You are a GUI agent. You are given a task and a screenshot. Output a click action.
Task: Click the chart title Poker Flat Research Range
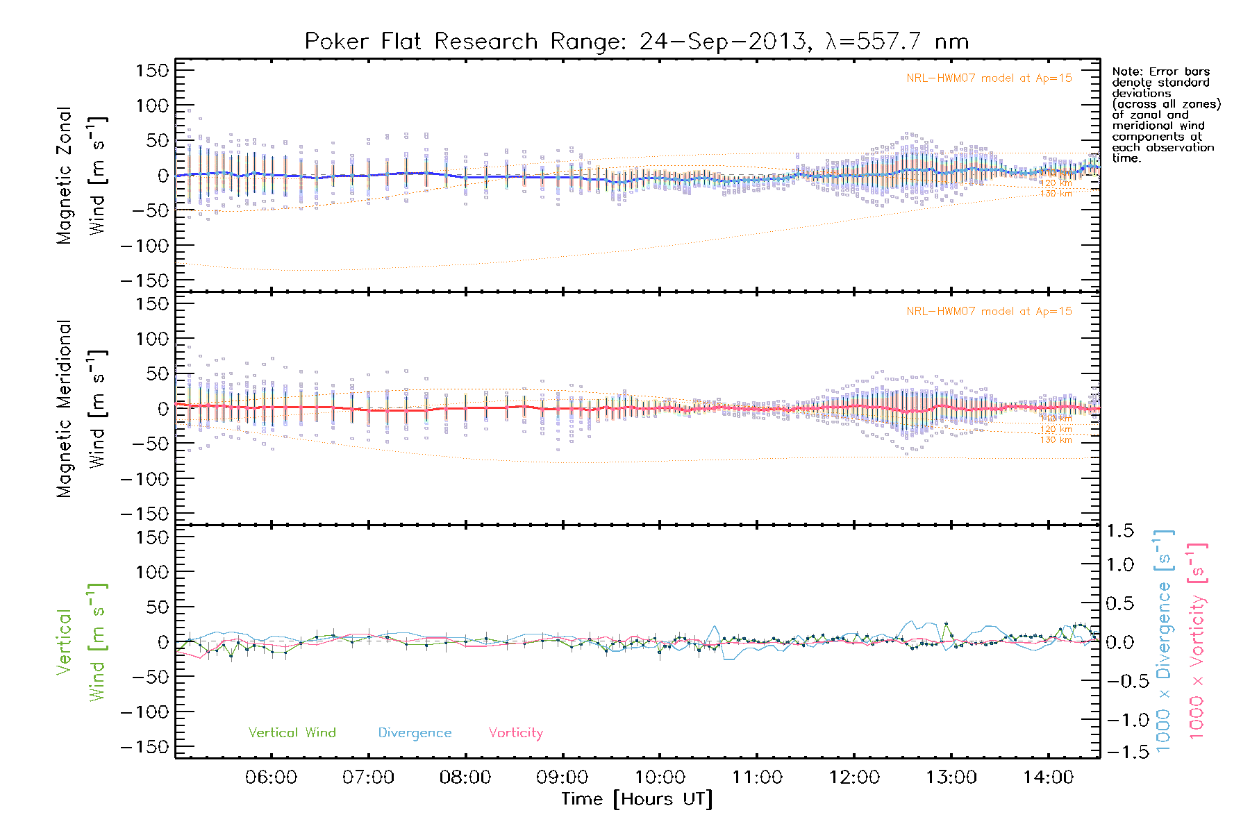636,42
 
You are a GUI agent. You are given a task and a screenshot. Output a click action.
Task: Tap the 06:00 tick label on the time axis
271,777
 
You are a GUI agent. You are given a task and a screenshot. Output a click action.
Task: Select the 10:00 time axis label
660,777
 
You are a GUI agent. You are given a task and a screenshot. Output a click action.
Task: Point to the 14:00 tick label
1048,777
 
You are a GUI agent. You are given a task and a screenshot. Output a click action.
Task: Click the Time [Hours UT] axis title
637,800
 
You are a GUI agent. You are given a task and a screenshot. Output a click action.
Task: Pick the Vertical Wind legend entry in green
292,733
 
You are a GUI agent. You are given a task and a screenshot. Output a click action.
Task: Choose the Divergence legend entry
415,733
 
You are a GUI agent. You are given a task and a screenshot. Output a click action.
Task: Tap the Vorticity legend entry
515,733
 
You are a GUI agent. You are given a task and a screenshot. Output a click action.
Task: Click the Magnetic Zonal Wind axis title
81,175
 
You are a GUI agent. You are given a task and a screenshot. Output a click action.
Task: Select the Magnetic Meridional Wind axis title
81,409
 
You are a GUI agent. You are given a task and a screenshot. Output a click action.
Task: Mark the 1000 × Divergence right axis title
1164,641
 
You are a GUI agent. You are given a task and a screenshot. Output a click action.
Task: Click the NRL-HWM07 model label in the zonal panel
989,78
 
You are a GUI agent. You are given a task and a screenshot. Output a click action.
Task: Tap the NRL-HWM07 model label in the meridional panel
989,312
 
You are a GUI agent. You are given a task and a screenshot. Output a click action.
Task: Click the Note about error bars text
1165,115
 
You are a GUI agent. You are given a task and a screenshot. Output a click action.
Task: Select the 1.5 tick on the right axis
1119,531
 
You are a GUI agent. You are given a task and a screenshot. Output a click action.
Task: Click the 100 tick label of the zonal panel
152,106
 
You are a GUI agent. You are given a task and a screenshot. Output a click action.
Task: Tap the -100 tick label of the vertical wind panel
144,712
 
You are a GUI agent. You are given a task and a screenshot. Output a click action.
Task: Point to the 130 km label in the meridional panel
1056,440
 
